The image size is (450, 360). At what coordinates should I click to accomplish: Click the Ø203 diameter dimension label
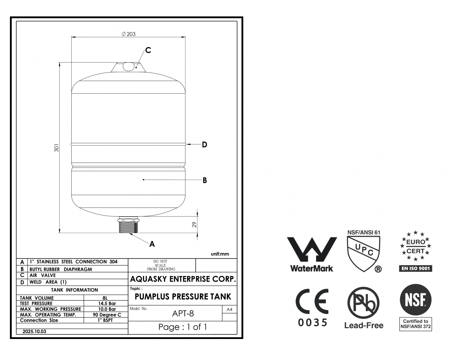129,34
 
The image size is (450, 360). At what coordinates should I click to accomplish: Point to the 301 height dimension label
56,148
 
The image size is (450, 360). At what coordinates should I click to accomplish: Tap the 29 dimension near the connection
194,224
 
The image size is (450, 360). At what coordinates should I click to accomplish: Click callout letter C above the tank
148,50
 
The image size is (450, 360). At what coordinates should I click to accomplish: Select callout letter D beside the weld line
205,145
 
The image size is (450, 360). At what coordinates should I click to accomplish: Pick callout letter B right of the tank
205,180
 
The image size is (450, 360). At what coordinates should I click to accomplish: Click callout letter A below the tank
152,244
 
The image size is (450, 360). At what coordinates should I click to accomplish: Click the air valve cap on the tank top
128,66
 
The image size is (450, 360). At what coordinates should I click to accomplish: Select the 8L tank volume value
105,298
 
